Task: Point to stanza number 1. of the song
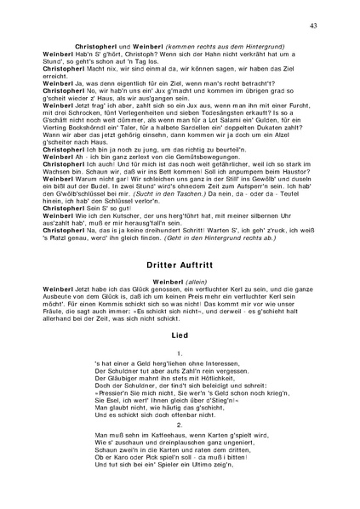(x=180, y=352)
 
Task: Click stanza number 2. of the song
(x=180, y=423)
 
